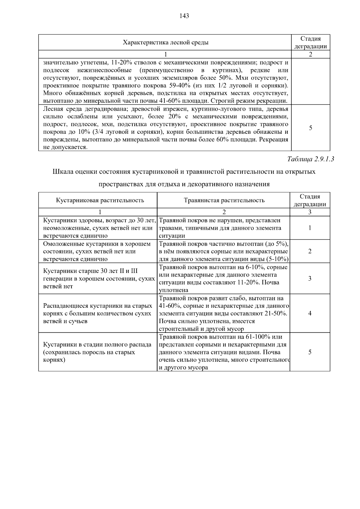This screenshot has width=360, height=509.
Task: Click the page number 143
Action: (184, 16)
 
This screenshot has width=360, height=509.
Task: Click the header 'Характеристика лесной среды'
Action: (165, 42)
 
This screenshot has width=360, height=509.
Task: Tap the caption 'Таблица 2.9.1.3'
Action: (310, 159)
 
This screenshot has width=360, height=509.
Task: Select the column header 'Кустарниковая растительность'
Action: (100, 200)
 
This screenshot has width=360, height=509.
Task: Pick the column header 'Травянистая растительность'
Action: (224, 200)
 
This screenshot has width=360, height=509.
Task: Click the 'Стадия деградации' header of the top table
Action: (310, 42)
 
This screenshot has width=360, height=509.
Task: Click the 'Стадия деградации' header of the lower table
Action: (310, 200)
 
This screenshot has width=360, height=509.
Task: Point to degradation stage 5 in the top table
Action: (310, 128)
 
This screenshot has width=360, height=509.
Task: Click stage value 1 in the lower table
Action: (310, 228)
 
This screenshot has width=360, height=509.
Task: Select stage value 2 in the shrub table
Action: (310, 251)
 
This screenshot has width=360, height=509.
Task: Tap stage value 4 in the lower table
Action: (310, 313)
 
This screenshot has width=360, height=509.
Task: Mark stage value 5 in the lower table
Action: (310, 352)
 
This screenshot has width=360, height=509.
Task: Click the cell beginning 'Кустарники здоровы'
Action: (99, 228)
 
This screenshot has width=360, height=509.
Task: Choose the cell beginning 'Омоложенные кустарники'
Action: (97, 251)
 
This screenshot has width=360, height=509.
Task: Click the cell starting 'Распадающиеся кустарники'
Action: (97, 313)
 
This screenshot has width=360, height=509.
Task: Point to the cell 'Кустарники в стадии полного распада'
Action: (97, 352)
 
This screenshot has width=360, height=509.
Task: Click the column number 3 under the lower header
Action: (310, 212)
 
